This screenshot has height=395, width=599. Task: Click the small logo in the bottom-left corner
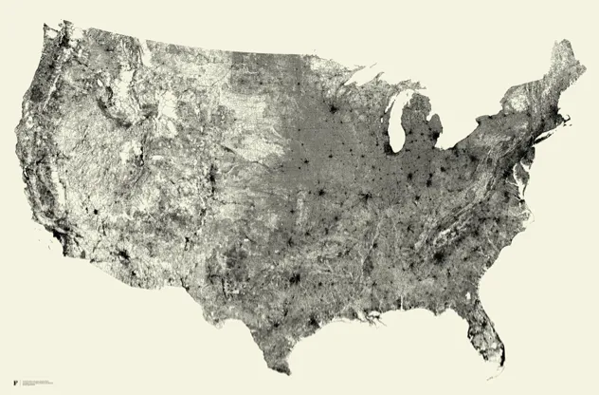15,383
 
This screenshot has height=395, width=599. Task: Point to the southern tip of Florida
501,363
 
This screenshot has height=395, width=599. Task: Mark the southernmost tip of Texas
286,373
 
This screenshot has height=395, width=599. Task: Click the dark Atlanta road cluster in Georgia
439,257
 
